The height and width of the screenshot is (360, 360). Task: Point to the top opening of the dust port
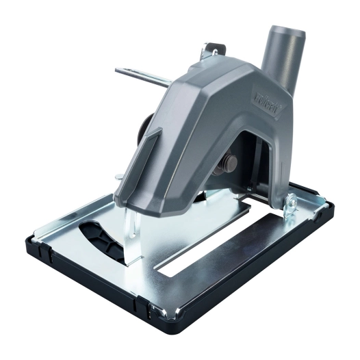(x=285, y=31)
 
